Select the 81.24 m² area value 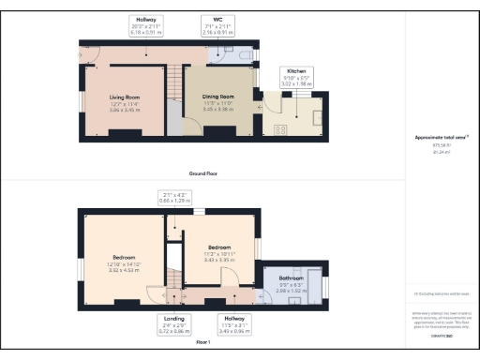(440, 151)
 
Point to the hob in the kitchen (278, 128)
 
